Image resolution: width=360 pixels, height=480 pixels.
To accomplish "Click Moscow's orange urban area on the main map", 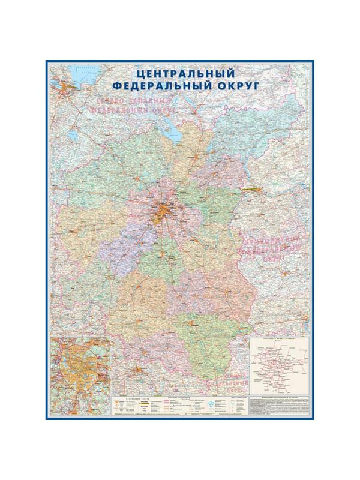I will pyautogui.click(x=164, y=211).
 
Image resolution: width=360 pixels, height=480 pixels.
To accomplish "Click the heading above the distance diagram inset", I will pyautogui.click(x=279, y=340).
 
